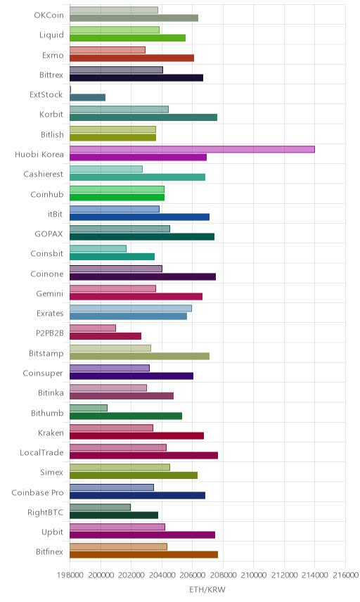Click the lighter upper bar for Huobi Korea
click(x=192, y=149)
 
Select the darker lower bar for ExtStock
click(x=87, y=98)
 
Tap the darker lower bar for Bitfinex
click(x=143, y=554)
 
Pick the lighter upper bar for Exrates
click(x=131, y=308)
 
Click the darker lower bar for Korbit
click(x=143, y=117)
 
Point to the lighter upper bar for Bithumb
click(x=89, y=408)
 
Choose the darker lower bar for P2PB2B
click(x=105, y=336)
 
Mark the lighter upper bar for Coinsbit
click(x=98, y=249)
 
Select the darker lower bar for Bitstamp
click(x=139, y=357)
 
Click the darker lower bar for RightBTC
click(x=114, y=515)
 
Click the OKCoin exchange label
click(x=49, y=15)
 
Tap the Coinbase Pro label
click(x=37, y=492)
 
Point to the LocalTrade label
click(x=41, y=453)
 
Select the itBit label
click(x=56, y=214)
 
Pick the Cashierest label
click(x=44, y=174)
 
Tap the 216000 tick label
click(x=345, y=575)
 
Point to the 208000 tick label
click(x=223, y=575)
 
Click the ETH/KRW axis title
click(x=207, y=590)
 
